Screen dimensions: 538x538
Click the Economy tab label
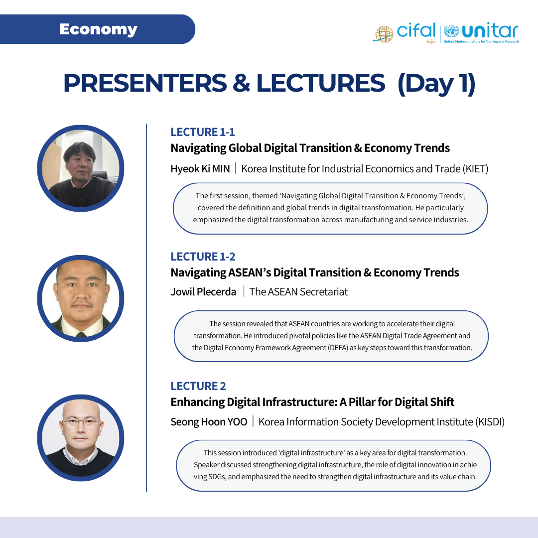[x=99, y=29]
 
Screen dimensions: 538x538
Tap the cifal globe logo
[x=384, y=34]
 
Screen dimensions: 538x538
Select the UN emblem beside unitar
[x=451, y=31]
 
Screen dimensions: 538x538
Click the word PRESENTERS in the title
[x=145, y=83]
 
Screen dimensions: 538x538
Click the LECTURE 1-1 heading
[x=203, y=132]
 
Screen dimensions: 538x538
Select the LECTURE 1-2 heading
[x=203, y=257]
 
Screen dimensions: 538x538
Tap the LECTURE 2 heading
[x=198, y=387]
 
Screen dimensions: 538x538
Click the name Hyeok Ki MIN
[x=200, y=169]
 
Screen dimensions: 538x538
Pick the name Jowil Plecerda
[x=203, y=291]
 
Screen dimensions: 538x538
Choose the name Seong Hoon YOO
[x=209, y=422]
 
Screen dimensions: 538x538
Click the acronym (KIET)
[x=475, y=169]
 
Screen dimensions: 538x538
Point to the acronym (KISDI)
[x=490, y=422]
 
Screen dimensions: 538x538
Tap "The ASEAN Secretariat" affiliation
[x=298, y=291]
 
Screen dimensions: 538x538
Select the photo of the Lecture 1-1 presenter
[x=81, y=168]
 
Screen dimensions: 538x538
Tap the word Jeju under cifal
[x=430, y=41]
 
